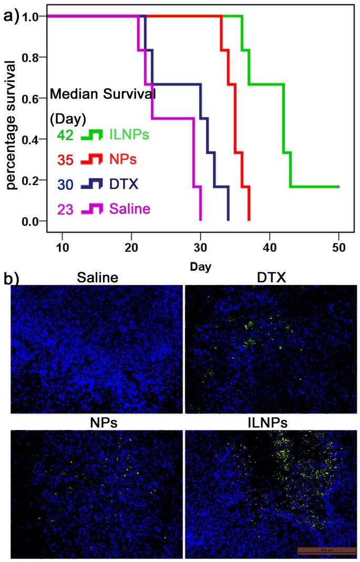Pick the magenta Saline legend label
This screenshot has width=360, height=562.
130,209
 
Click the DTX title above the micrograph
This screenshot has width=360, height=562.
272,278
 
